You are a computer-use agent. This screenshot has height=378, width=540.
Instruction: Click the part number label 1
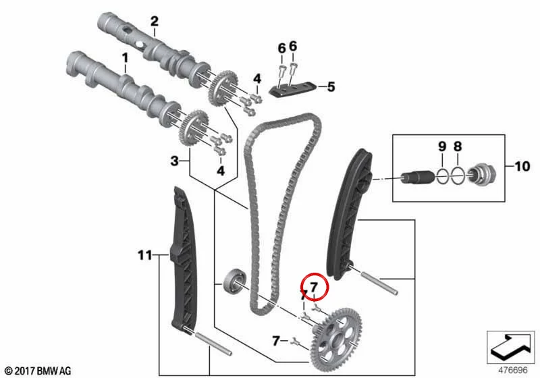click(125, 57)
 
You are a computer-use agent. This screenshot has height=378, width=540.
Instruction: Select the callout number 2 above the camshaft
click(155, 22)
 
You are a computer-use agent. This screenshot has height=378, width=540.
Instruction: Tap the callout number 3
click(175, 161)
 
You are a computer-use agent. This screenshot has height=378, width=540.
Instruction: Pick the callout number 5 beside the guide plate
click(331, 87)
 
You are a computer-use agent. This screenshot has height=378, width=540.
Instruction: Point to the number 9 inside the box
click(442, 146)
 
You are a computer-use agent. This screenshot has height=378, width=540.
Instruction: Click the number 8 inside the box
click(458, 146)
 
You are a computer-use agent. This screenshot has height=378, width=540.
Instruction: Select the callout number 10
click(522, 166)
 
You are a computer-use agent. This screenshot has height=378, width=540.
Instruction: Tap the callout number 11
click(145, 255)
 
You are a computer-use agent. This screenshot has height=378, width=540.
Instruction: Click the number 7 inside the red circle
click(313, 287)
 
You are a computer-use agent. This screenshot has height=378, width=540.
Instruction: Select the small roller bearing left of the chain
click(234, 279)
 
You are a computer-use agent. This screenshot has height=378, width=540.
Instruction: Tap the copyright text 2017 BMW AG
click(38, 371)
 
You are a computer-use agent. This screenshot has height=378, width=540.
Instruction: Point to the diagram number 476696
click(513, 371)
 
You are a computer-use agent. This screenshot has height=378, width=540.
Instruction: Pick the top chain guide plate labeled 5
click(292, 90)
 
